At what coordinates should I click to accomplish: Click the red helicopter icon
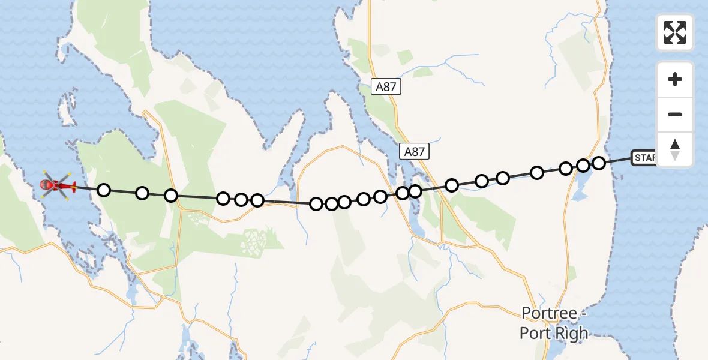pyautogui.click(x=57, y=185)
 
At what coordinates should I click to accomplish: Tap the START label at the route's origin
pyautogui.click(x=646, y=158)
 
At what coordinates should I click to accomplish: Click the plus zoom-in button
pyautogui.click(x=675, y=79)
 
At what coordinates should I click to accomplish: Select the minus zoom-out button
pyautogui.click(x=675, y=114)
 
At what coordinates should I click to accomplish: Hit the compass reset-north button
pyautogui.click(x=675, y=149)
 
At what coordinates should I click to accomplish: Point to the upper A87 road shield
pyautogui.click(x=386, y=86)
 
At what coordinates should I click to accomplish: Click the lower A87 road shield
pyautogui.click(x=414, y=152)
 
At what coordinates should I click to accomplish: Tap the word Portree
pyautogui.click(x=549, y=313)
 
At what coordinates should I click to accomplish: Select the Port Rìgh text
pyautogui.click(x=554, y=333)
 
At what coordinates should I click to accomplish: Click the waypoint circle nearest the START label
pyautogui.click(x=598, y=163)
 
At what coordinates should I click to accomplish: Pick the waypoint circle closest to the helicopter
pyautogui.click(x=104, y=190)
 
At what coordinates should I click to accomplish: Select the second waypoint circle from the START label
pyautogui.click(x=583, y=165)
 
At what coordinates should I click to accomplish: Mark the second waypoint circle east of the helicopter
pyautogui.click(x=142, y=193)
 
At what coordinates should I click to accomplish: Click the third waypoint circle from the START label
pyautogui.click(x=565, y=169)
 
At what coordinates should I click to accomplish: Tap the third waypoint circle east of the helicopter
pyautogui.click(x=171, y=196)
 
